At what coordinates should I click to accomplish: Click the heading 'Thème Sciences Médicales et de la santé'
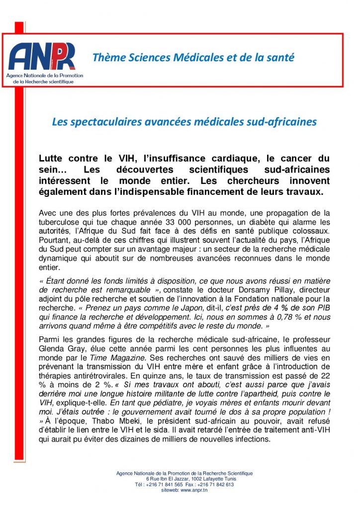(193, 58)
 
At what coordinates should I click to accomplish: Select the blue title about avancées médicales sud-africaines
(184, 121)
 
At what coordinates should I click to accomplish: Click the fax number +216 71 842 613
(217, 485)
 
